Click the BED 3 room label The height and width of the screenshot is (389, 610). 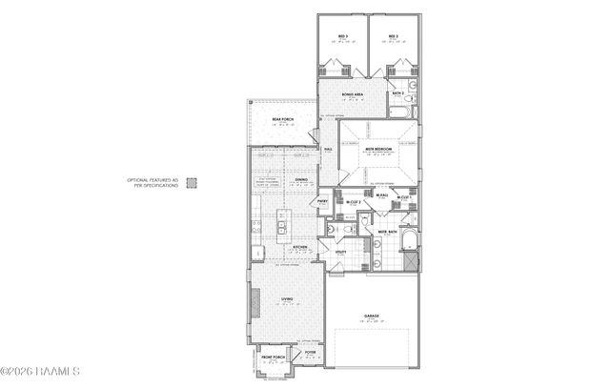point(342,37)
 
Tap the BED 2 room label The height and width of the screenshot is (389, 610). point(392,37)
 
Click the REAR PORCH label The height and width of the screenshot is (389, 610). point(282,120)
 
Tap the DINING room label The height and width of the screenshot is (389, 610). point(301,179)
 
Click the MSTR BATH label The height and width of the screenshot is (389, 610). point(387,232)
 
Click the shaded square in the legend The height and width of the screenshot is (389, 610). point(191,181)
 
